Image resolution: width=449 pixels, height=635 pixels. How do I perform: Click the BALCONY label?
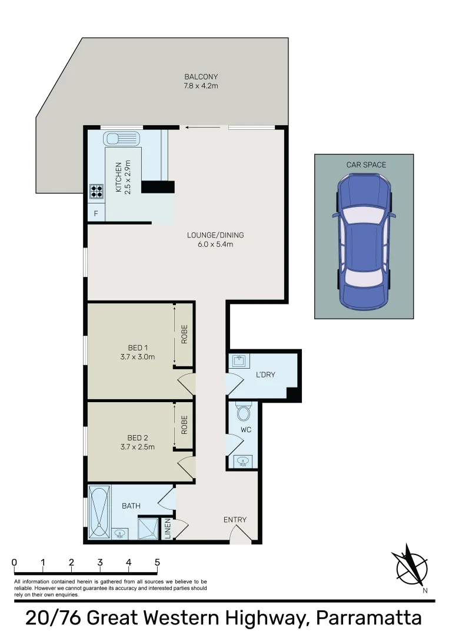[x=201, y=76]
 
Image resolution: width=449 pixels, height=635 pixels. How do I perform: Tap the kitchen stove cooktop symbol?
[x=96, y=190]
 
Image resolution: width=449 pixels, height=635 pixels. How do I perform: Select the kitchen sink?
[x=121, y=139]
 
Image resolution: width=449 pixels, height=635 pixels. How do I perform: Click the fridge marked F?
[x=96, y=213]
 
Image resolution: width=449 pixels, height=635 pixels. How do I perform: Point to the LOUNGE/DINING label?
[x=215, y=235]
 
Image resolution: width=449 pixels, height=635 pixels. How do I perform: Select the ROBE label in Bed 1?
[x=184, y=335]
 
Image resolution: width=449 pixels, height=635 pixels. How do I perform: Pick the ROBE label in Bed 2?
[x=184, y=425]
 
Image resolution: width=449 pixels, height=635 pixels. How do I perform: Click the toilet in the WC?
[x=243, y=412]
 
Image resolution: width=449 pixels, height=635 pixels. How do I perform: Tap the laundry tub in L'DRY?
[x=239, y=360]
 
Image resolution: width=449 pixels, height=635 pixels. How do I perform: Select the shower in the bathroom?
[x=148, y=527]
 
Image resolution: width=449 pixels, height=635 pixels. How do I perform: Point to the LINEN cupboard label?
[x=168, y=529]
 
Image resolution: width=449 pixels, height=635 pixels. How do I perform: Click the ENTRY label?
[x=235, y=520]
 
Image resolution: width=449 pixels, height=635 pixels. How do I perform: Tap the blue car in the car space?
[x=364, y=242]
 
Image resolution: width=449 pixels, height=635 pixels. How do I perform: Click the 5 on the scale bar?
[x=157, y=563]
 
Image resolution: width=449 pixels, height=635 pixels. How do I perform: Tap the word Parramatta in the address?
[x=369, y=618]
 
